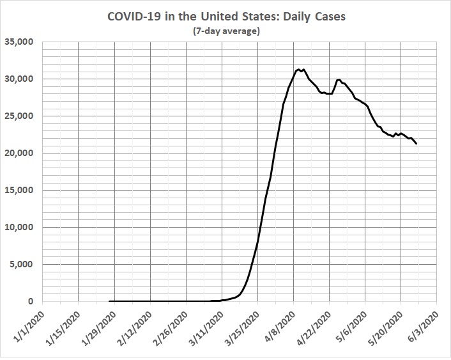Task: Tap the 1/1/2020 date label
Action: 29,328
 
